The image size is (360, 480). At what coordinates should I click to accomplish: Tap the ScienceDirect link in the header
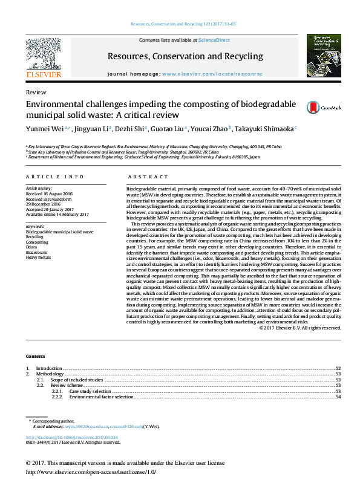(x=214, y=40)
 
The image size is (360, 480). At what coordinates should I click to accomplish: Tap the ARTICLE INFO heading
(x=54, y=177)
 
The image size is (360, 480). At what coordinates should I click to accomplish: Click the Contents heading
(x=36, y=356)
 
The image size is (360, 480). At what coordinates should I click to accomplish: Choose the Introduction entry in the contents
(x=48, y=368)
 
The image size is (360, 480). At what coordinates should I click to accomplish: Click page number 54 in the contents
(x=338, y=397)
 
